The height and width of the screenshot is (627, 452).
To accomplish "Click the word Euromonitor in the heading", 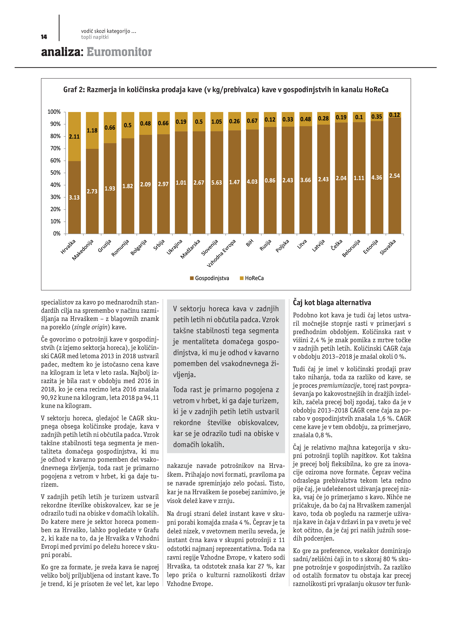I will [x=119, y=52].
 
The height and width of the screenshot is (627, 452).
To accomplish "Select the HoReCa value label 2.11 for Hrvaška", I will [x=74, y=137].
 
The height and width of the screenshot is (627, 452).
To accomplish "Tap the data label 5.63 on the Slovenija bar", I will [x=216, y=183].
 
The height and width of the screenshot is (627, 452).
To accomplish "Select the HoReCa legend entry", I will [x=254, y=278].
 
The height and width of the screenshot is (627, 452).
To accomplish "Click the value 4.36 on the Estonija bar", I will [x=377, y=178].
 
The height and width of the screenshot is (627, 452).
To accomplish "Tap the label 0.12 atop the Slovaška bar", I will [x=394, y=115].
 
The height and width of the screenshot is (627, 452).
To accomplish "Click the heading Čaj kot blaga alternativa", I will [x=332, y=303].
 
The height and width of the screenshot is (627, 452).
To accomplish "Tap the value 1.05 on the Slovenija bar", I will [x=216, y=122].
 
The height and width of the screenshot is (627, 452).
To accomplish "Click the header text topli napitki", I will [x=95, y=37].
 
